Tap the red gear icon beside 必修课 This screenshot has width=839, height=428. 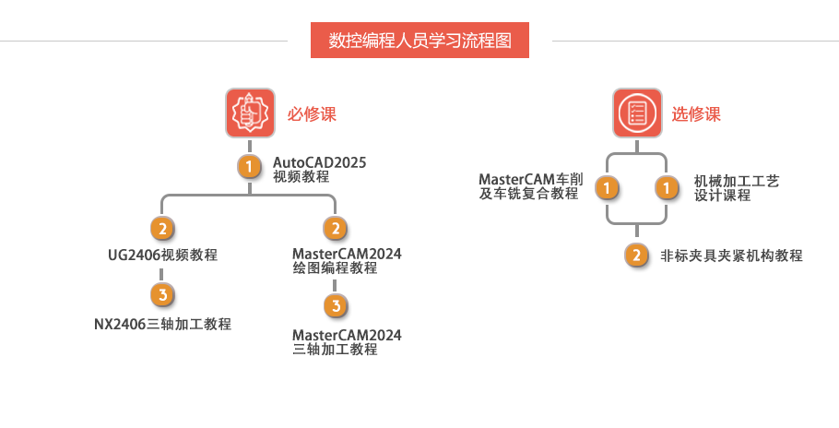pyautogui.click(x=251, y=113)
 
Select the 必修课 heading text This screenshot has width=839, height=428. pyautogui.click(x=312, y=114)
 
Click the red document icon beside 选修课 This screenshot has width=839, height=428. pyautogui.click(x=638, y=113)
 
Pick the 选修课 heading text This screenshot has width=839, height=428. pyautogui.click(x=696, y=114)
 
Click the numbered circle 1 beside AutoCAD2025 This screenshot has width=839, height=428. pyautogui.click(x=249, y=167)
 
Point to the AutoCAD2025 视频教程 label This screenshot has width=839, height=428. pyautogui.click(x=319, y=170)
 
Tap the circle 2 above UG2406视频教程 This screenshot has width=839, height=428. pyautogui.click(x=162, y=228)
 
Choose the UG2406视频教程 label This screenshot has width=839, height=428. pyautogui.click(x=162, y=255)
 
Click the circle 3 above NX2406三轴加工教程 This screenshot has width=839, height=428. pyautogui.click(x=162, y=295)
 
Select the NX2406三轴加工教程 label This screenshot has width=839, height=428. pyautogui.click(x=162, y=324)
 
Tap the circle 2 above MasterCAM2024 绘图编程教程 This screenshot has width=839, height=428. pyautogui.click(x=337, y=228)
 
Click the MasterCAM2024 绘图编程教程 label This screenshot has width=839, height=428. pyautogui.click(x=347, y=261)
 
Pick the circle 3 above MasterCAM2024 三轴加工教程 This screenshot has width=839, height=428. pyautogui.click(x=337, y=305)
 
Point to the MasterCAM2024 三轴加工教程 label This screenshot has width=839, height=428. pyautogui.click(x=347, y=341)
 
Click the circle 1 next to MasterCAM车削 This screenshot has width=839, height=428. pyautogui.click(x=607, y=188)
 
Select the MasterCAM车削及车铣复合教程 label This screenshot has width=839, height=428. pyautogui.click(x=530, y=186)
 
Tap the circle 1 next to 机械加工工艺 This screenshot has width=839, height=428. pyautogui.click(x=667, y=188)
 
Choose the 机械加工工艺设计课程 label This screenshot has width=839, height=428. pyautogui.click(x=737, y=188)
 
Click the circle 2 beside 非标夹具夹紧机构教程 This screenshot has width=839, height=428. pyautogui.click(x=636, y=255)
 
